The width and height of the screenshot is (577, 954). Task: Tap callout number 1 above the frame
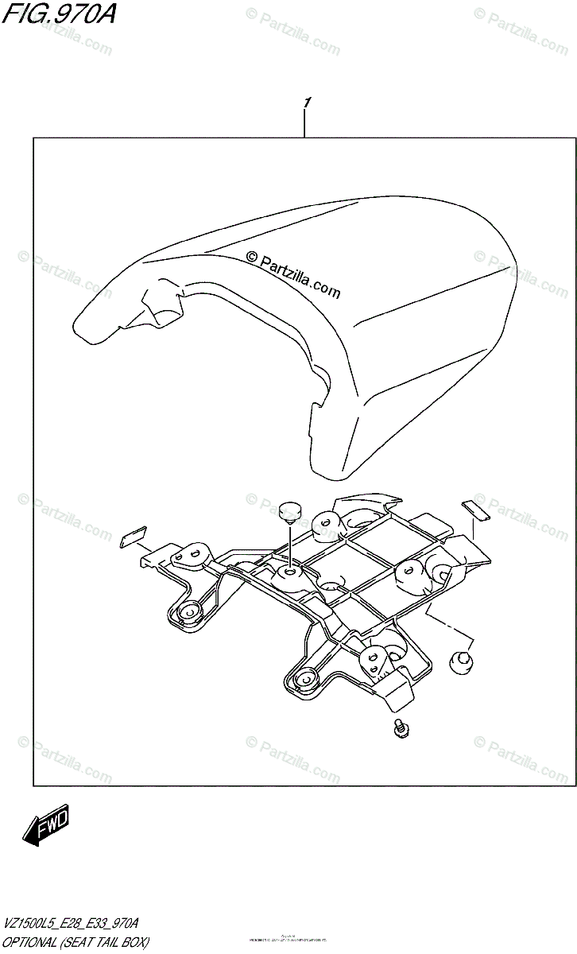pyautogui.click(x=306, y=104)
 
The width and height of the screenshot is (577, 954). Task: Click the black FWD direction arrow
pyautogui.click(x=46, y=827)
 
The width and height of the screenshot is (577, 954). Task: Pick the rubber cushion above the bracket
pyautogui.click(x=289, y=511)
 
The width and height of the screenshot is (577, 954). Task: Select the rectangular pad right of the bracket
pyautogui.click(x=476, y=510)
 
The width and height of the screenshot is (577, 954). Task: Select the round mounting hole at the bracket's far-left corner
pyautogui.click(x=189, y=611)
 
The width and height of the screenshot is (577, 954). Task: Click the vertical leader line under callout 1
pyautogui.click(x=305, y=124)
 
